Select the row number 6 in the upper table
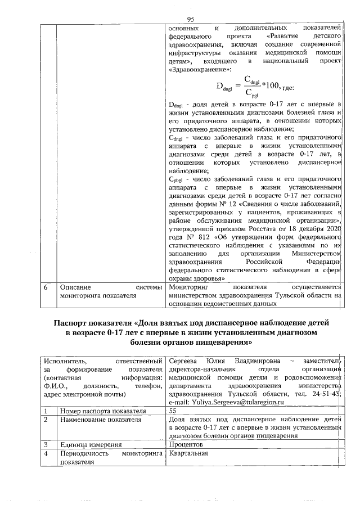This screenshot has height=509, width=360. (x=46, y=287)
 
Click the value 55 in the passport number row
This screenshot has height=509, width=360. (x=173, y=411)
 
